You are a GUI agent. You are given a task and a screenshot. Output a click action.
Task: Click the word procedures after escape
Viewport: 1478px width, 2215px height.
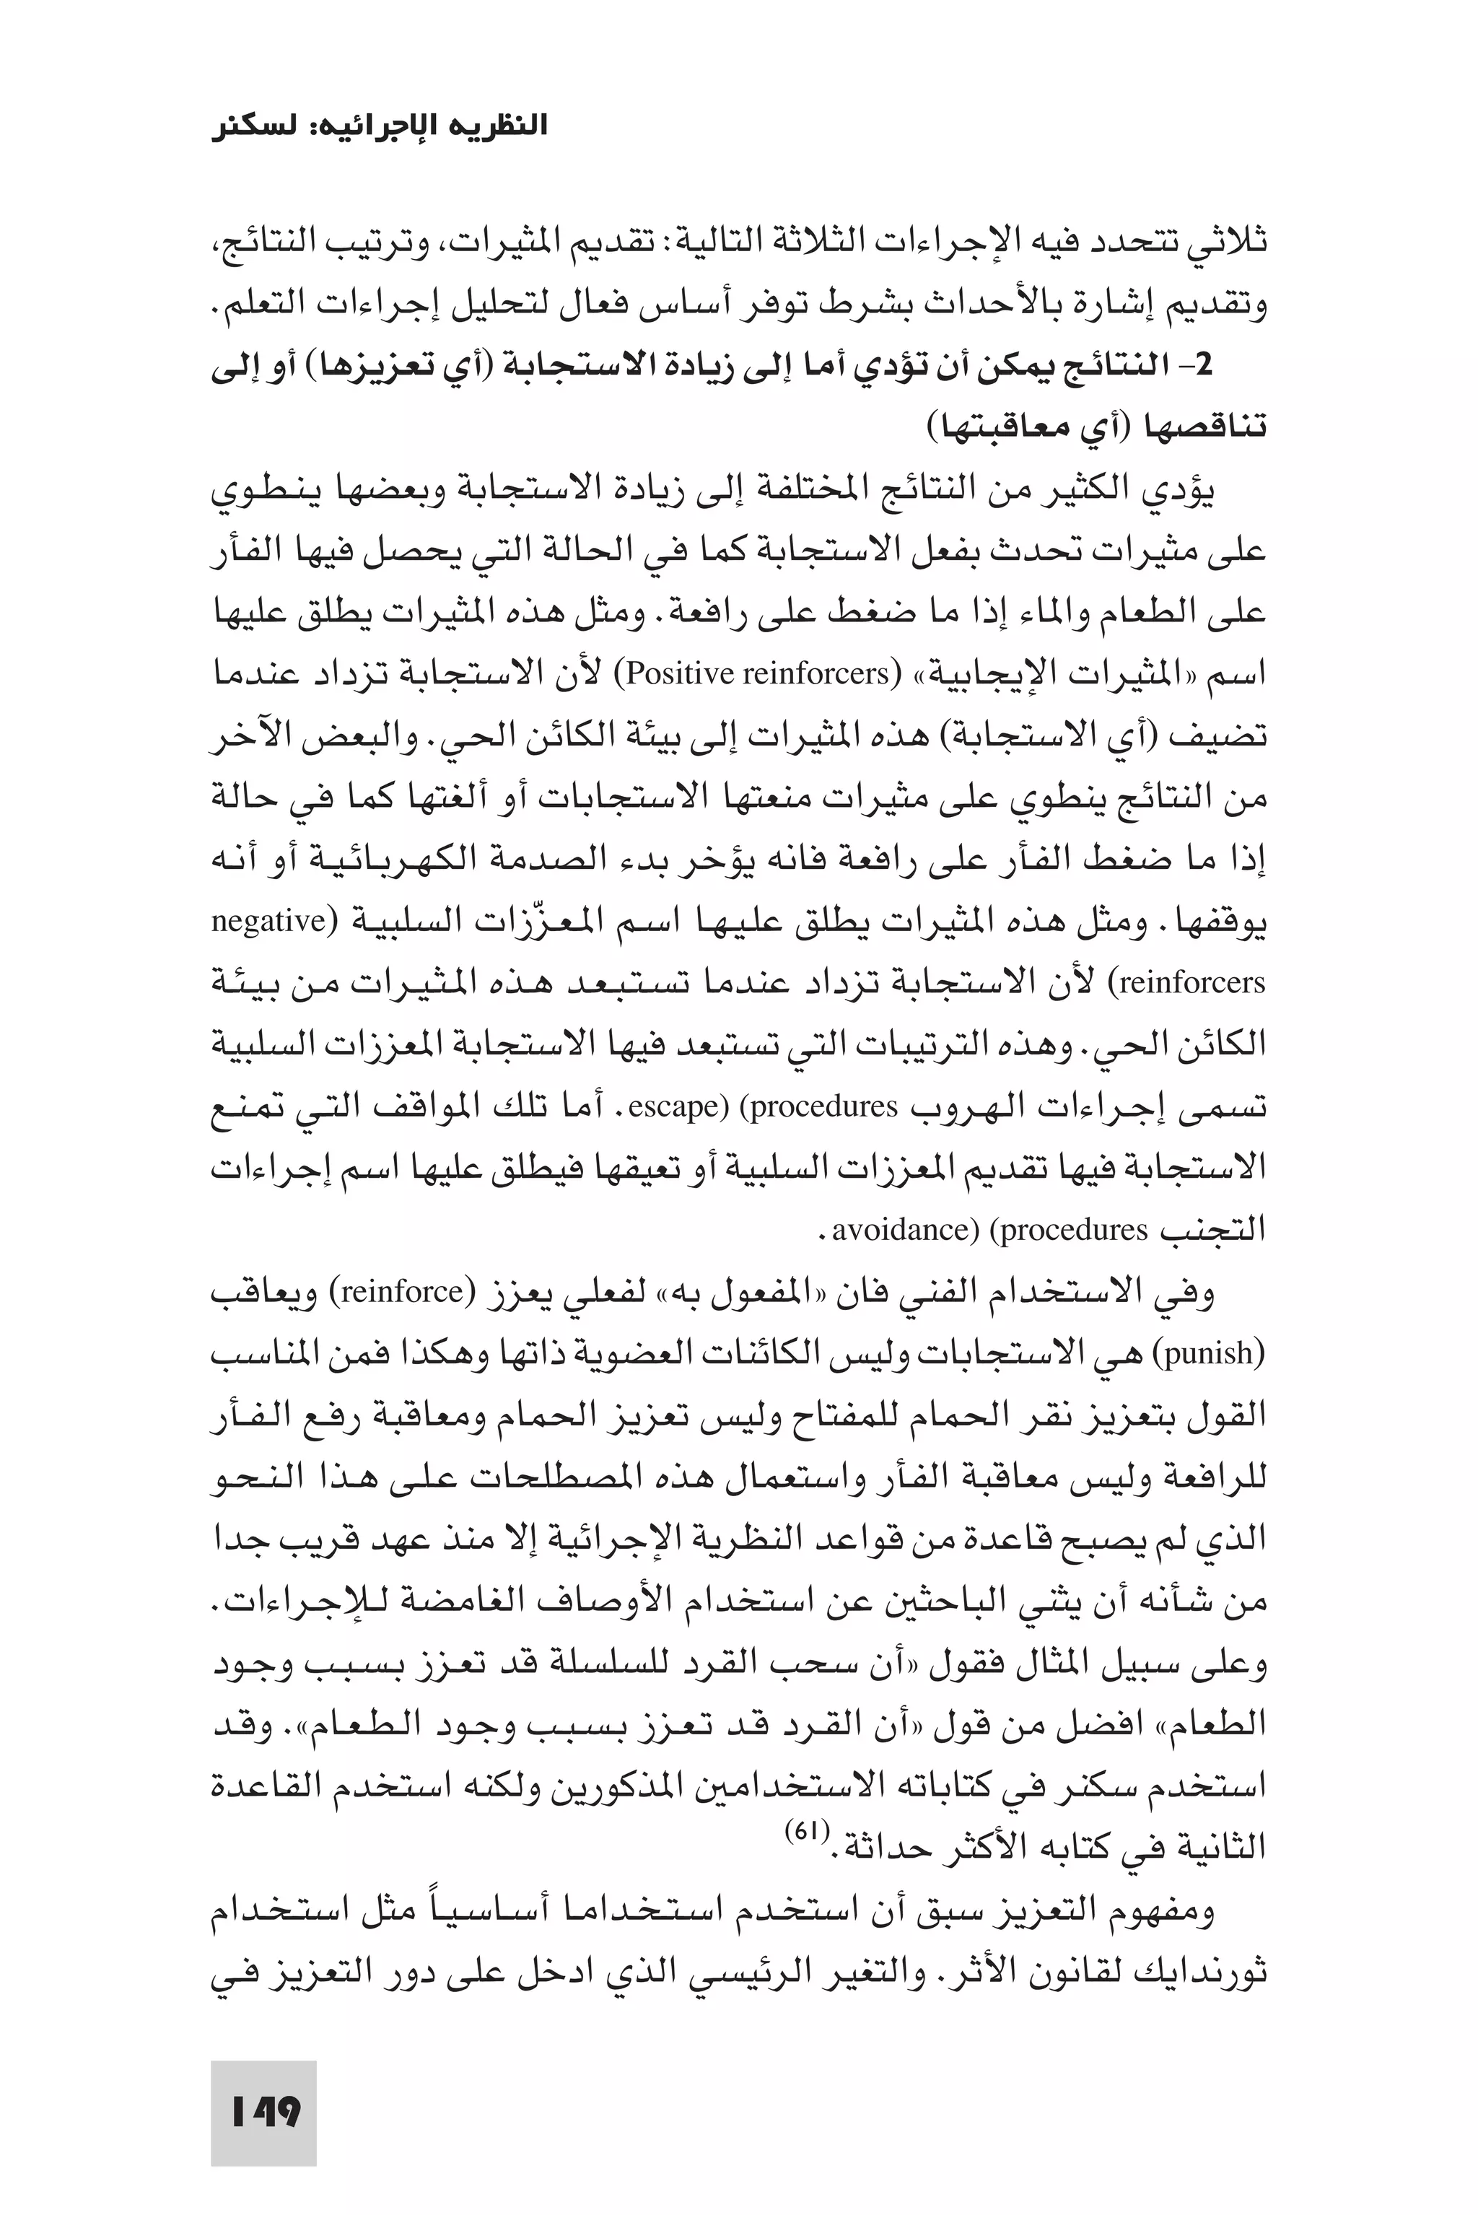824,1106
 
